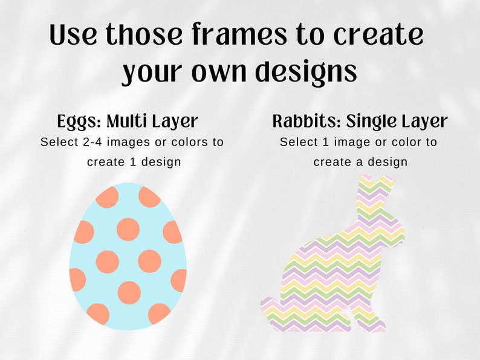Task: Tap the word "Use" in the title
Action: pyautogui.click(x=73, y=36)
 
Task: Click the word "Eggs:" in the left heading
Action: pyautogui.click(x=79, y=121)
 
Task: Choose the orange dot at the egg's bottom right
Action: pyautogui.click(x=159, y=313)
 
